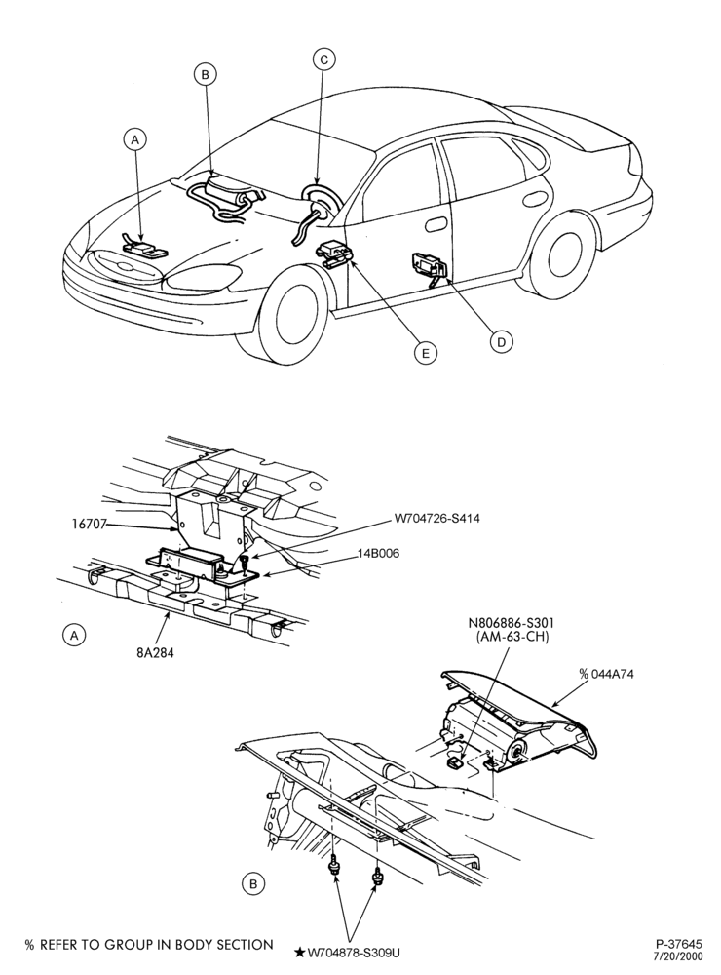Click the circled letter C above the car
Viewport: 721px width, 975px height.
coord(323,59)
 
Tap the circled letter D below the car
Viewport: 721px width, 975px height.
coord(501,341)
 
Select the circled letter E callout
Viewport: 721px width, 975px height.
coord(425,353)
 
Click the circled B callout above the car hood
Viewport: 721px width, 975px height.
coord(205,75)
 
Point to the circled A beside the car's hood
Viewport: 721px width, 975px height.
coord(134,139)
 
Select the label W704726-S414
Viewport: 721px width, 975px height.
coord(436,518)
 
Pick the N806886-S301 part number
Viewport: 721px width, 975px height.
coord(511,622)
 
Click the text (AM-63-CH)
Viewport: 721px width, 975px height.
coord(511,637)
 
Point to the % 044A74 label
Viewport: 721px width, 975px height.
coord(606,674)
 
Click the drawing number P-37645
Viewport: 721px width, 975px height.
coord(679,943)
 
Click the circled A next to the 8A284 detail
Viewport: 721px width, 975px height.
coord(74,635)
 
